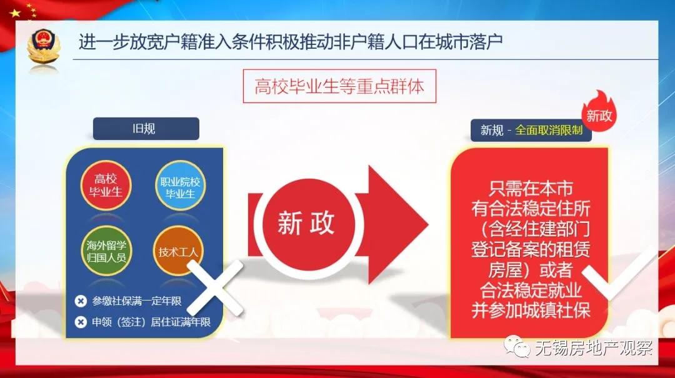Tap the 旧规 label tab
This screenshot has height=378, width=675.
point(146,129)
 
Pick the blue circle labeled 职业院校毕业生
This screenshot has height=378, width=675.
point(179,186)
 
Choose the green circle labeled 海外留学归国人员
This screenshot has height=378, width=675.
point(106,251)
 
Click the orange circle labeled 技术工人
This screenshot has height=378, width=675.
point(178,252)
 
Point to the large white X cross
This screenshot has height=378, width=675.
point(214,287)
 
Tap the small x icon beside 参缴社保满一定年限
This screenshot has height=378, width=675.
point(81,301)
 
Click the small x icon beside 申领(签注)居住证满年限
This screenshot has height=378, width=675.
point(81,322)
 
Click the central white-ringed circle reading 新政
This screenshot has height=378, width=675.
point(306,224)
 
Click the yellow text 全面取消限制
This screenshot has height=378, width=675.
point(549,131)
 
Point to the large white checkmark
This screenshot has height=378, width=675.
point(619,275)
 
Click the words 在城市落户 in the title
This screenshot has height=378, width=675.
point(456,42)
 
